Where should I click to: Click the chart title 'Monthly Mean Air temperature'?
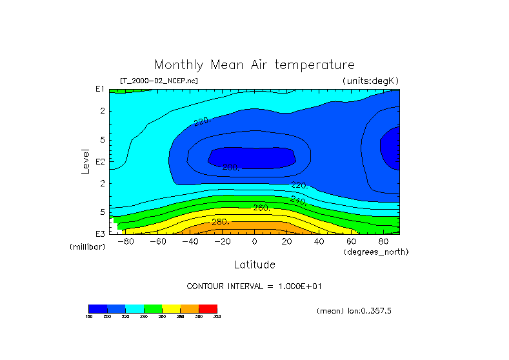coord(254,65)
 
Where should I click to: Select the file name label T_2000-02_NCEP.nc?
coord(159,81)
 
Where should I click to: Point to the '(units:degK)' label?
coord(370,81)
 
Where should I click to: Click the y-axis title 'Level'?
coord(85,161)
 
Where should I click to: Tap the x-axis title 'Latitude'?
coord(254,265)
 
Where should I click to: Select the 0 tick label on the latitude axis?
coord(254,241)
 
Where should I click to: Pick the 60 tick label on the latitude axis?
coord(351,241)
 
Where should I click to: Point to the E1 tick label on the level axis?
coord(100,90)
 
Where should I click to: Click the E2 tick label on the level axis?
coord(100,161)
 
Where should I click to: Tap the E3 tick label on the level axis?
coord(100,233)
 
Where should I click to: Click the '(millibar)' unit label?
coord(87,247)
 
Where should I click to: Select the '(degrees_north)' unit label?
coord(376,252)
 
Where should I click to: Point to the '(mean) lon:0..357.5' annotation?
coord(354,311)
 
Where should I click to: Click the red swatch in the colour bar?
coord(208,308)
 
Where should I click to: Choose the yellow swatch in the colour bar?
coord(171,308)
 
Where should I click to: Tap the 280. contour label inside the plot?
coord(221,222)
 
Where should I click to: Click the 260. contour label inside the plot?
coord(261,208)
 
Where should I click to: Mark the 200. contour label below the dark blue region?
coord(230,168)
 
